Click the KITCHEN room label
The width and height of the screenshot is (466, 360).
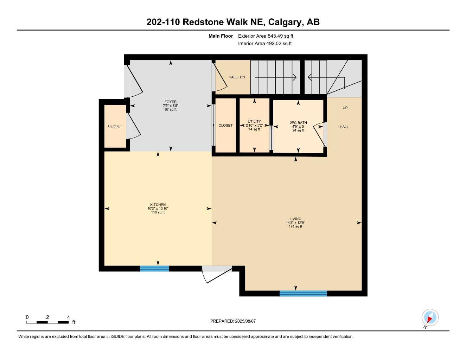pyautogui.click(x=158, y=205)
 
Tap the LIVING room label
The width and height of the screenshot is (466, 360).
pyautogui.click(x=295, y=219)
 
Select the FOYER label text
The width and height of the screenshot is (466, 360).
pyautogui.click(x=171, y=102)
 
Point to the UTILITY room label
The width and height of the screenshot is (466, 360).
pyautogui.click(x=254, y=122)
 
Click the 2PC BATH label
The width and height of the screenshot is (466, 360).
pyautogui.click(x=298, y=123)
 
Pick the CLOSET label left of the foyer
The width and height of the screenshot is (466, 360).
pyautogui.click(x=115, y=126)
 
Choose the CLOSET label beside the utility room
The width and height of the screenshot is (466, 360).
pyautogui.click(x=225, y=126)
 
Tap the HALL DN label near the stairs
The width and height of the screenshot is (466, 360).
pyautogui.click(x=237, y=77)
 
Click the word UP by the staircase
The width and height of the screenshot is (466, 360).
pyautogui.click(x=345, y=108)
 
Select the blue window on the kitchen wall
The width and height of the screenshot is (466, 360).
pyautogui.click(x=154, y=269)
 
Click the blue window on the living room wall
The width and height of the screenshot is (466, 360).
pyautogui.click(x=303, y=294)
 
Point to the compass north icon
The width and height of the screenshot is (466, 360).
pyautogui.click(x=430, y=318)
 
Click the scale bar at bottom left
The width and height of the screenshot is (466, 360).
pyautogui.click(x=47, y=322)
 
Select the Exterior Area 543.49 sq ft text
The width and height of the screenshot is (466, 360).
pyautogui.click(x=266, y=36)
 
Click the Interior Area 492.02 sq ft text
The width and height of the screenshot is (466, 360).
pyautogui.click(x=265, y=44)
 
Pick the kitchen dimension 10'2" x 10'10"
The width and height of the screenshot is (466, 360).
pyautogui.click(x=158, y=208)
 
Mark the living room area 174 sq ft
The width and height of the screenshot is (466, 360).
pyautogui.click(x=295, y=226)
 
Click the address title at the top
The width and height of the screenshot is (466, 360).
pyautogui.click(x=233, y=22)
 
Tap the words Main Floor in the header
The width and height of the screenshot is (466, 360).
pyautogui.click(x=221, y=36)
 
